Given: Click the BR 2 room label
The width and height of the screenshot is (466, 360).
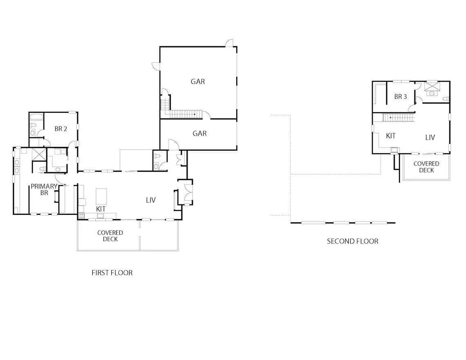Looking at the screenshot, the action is pyautogui.click(x=60, y=129).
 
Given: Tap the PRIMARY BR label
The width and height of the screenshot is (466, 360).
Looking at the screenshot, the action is pyautogui.click(x=44, y=190).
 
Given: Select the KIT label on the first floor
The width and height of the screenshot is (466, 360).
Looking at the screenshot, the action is pyautogui.click(x=101, y=209).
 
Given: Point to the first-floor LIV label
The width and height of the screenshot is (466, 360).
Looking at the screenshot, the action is pyautogui.click(x=151, y=200).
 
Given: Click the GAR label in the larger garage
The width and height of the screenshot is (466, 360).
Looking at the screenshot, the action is pyautogui.click(x=197, y=81).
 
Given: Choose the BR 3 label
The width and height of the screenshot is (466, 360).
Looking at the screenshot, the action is pyautogui.click(x=400, y=96).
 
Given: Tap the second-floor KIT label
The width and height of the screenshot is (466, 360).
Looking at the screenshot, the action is pyautogui.click(x=390, y=136).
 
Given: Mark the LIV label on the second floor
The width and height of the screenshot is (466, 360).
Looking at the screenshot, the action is pyautogui.click(x=430, y=137).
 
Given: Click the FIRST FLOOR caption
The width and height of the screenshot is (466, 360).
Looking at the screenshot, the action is pyautogui.click(x=112, y=273).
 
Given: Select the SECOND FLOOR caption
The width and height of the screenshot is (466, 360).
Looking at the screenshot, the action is pyautogui.click(x=352, y=241).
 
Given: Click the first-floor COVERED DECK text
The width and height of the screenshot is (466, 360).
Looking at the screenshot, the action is pyautogui.click(x=110, y=236).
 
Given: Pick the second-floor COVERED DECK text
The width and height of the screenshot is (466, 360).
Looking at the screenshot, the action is pyautogui.click(x=426, y=167).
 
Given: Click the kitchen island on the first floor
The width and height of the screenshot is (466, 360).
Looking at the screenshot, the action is pyautogui.click(x=101, y=196).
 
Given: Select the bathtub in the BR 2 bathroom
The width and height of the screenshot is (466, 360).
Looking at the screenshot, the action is pyautogui.click(x=36, y=116).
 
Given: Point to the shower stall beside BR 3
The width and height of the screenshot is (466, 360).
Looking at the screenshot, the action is pyautogui.click(x=432, y=85).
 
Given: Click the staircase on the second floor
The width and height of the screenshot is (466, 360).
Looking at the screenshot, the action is pyautogui.click(x=398, y=118).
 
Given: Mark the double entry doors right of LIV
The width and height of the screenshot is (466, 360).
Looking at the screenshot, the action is pyautogui.click(x=188, y=192).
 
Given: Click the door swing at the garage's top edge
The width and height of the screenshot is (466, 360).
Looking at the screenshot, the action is pyautogui.click(x=229, y=43).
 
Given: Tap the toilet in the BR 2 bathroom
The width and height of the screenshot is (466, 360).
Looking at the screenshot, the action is pyautogui.click(x=33, y=125).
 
